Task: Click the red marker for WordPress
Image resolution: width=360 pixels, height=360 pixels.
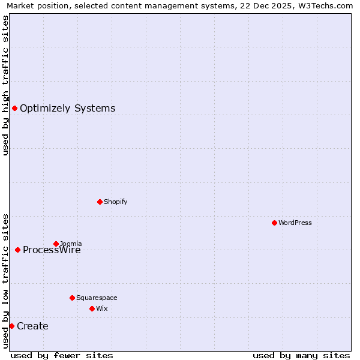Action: [274, 223]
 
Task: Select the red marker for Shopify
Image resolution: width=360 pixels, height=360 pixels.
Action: [100, 202]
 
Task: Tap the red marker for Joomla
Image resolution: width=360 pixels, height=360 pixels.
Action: [56, 244]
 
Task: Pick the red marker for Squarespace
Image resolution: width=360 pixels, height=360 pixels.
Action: [72, 298]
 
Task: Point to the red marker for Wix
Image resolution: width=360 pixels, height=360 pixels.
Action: [92, 308]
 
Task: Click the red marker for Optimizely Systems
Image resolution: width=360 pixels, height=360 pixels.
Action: [14, 108]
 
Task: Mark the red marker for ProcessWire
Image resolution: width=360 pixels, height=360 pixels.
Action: [17, 250]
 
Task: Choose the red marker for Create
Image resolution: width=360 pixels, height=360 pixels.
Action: [11, 326]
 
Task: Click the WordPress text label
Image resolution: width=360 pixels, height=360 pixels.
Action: [295, 223]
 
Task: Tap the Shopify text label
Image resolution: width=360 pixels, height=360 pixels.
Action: [115, 202]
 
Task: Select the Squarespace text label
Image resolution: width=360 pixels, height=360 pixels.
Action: [97, 298]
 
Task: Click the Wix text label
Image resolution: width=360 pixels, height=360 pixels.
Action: [101, 308]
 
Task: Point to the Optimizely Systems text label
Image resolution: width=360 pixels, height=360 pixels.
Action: [67, 109]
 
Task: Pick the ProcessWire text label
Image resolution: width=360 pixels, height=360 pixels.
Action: [52, 250]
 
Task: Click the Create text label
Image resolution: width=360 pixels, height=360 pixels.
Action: [32, 326]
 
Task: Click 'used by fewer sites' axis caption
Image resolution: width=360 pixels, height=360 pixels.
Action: [62, 355]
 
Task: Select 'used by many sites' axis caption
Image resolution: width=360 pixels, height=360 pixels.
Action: [301, 355]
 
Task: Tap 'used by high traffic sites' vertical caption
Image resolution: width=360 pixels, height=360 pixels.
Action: [5, 85]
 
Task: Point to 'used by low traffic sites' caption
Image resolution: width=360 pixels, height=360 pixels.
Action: [5, 281]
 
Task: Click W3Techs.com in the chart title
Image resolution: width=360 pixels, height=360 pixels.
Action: [328, 5]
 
